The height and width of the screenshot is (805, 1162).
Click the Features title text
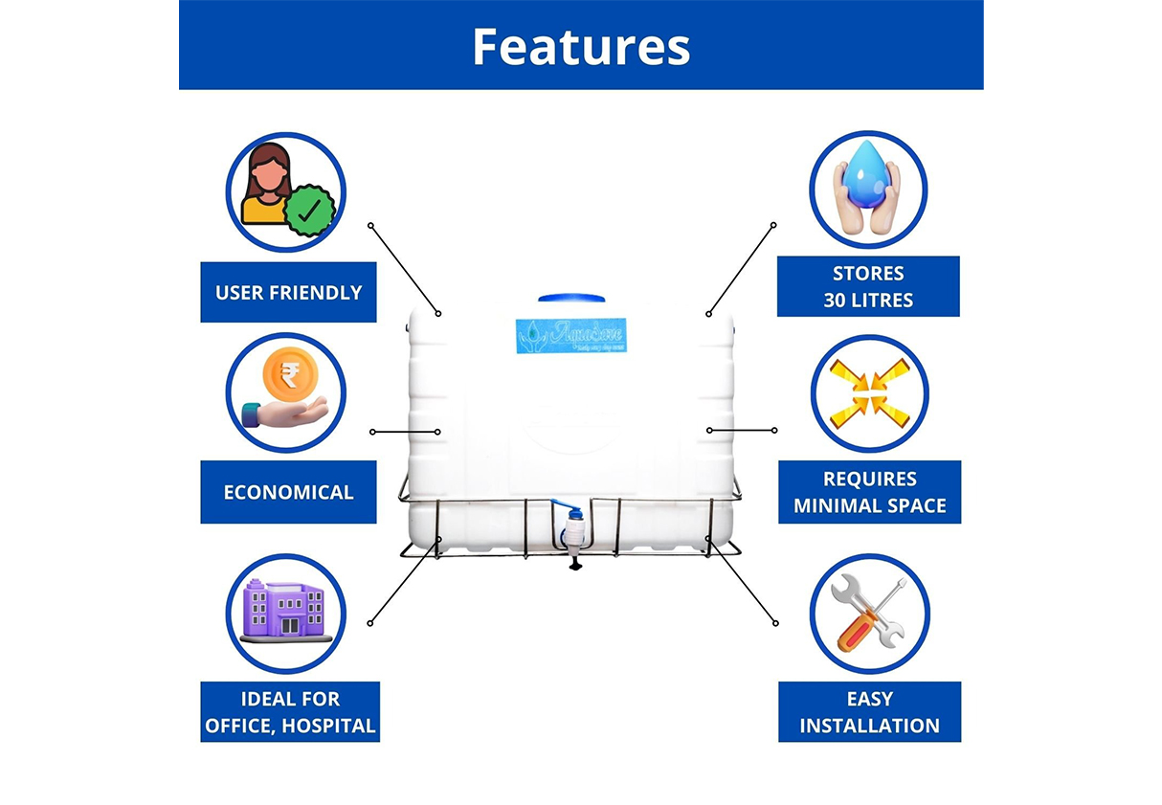click(x=580, y=46)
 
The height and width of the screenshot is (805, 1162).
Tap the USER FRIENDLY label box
click(x=288, y=292)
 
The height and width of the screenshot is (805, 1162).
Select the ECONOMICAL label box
click(x=288, y=492)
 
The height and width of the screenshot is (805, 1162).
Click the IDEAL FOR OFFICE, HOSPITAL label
click(x=290, y=712)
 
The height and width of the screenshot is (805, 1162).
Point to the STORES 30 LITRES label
click(x=868, y=286)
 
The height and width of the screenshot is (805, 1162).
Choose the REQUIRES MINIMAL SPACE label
click(x=869, y=492)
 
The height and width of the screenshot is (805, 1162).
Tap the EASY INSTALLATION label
click(x=869, y=712)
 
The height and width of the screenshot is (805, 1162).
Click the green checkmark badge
click(x=309, y=212)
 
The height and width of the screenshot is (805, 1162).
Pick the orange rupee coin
click(x=284, y=371)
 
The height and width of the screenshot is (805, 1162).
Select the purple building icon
click(x=284, y=609)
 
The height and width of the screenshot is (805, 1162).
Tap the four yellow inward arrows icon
click(x=869, y=393)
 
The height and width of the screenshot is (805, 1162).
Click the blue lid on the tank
click(x=572, y=299)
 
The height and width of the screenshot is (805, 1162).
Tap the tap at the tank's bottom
click(x=574, y=536)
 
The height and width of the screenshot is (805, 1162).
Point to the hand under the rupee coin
click(x=287, y=413)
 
